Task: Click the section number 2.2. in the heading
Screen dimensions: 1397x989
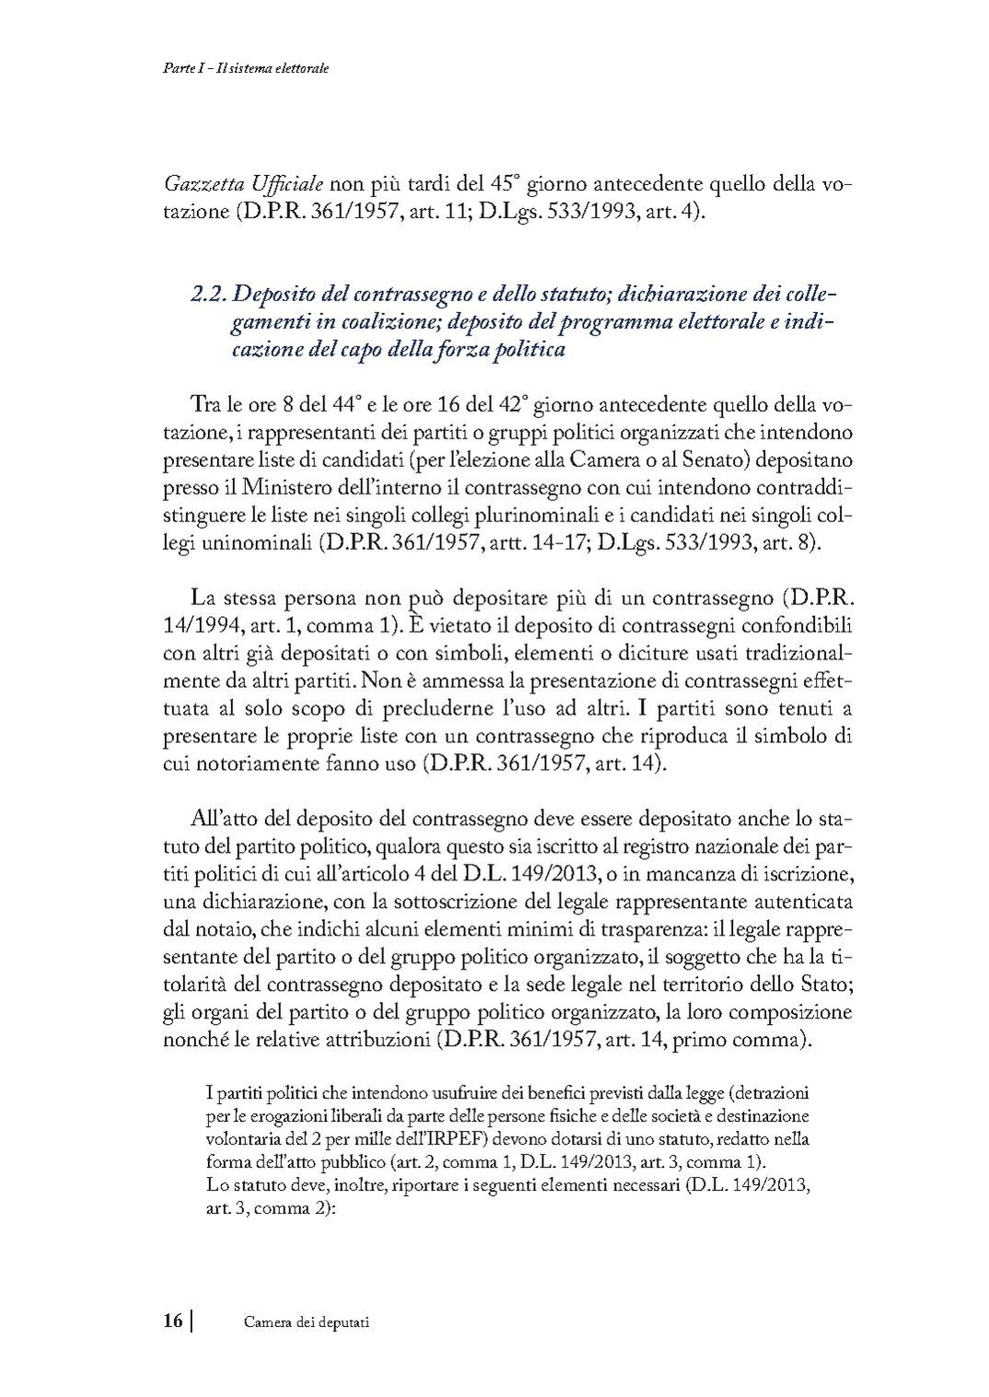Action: tap(208, 296)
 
